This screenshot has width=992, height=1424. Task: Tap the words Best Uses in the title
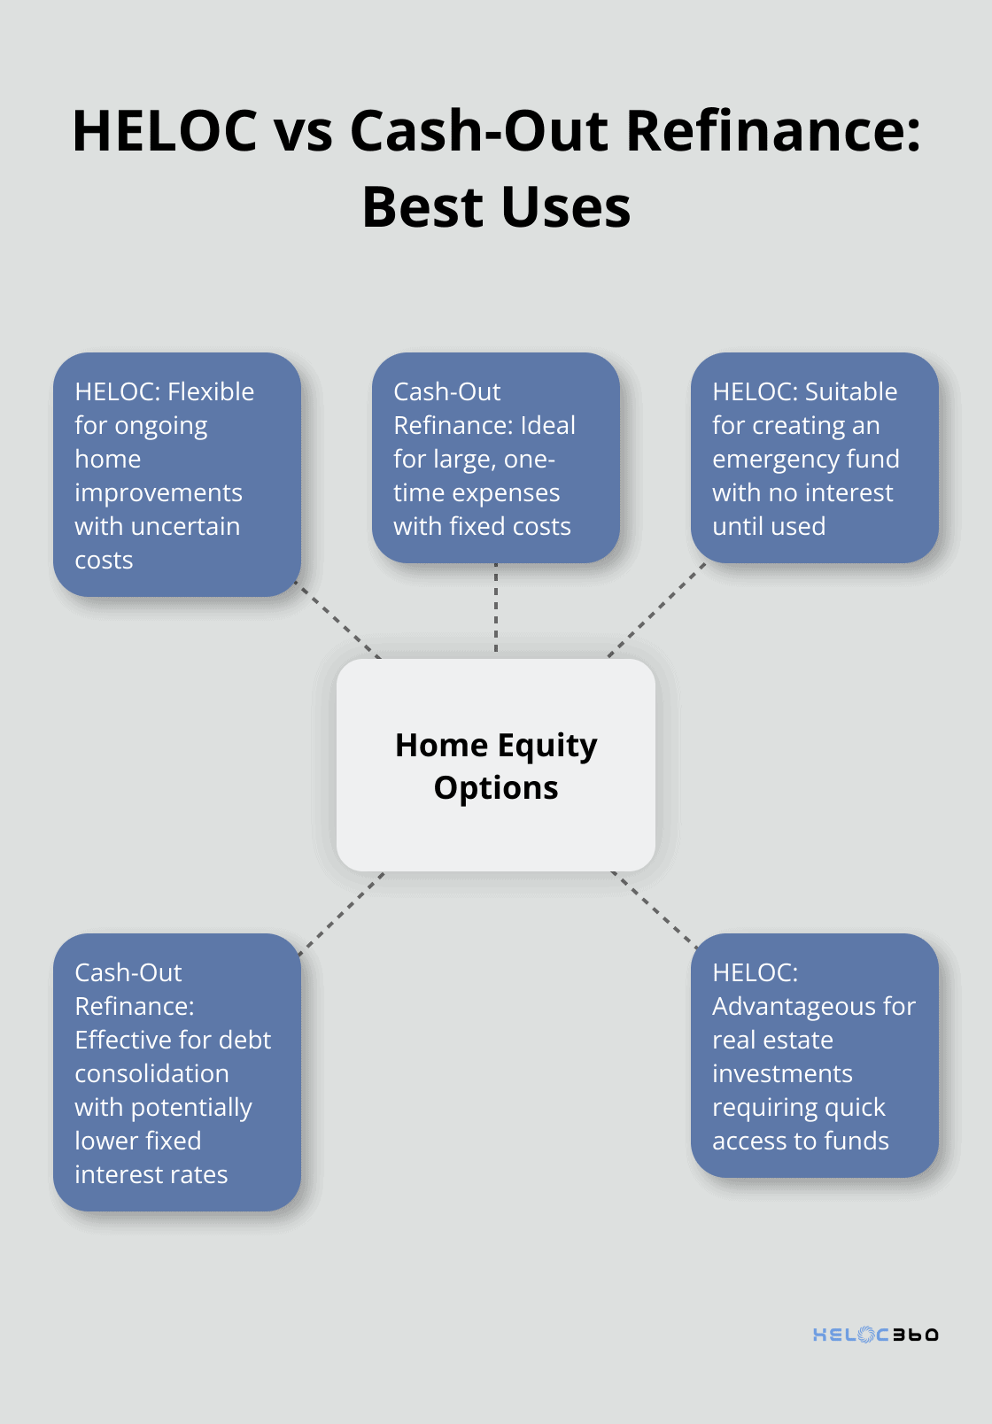click(496, 207)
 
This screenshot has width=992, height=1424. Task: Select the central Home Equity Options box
click(496, 765)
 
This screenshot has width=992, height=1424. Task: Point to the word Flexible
click(211, 391)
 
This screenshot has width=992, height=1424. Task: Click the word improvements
click(159, 493)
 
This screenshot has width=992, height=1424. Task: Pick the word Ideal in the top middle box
click(547, 425)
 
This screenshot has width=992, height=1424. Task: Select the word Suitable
click(851, 391)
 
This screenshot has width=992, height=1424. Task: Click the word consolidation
click(151, 1073)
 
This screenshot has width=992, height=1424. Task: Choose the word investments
click(782, 1073)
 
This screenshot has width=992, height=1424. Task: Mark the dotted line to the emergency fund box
click(656, 610)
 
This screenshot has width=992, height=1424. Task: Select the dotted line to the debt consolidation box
click(342, 914)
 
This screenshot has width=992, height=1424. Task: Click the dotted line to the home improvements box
click(337, 619)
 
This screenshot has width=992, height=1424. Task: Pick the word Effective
click(120, 1040)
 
